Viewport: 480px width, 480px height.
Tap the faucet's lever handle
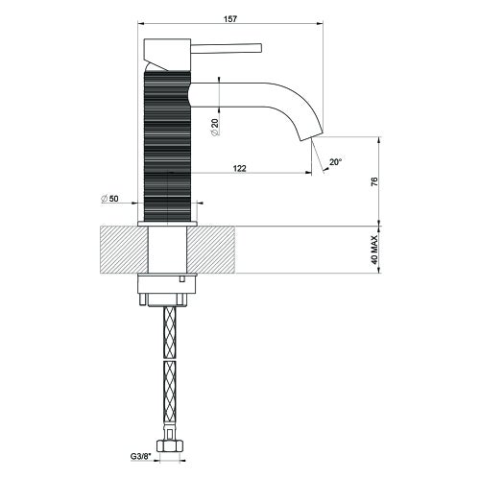tap(230, 46)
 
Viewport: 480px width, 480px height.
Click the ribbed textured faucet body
tap(170, 144)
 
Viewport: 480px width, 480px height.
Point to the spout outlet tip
tap(312, 133)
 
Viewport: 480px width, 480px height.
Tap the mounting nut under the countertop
tap(170, 289)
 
